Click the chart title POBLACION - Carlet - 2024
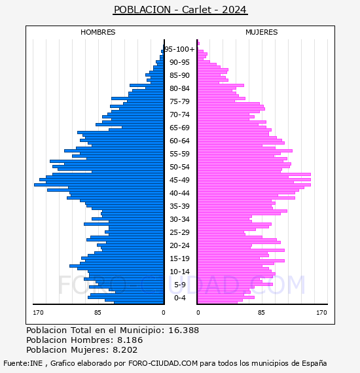[x=180, y=10]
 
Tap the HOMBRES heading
[x=98, y=32]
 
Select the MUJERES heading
[x=262, y=32]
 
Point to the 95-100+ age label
[x=179, y=49]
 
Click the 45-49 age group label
[x=179, y=180]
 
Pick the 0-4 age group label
[x=179, y=298]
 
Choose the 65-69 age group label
[x=179, y=128]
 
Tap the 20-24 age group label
[x=179, y=245]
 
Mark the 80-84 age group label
[x=179, y=88]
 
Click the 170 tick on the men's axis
[x=38, y=313]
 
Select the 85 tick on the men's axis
[x=98, y=313]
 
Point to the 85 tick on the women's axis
[x=261, y=313]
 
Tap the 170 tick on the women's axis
[x=321, y=313]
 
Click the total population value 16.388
[x=183, y=330]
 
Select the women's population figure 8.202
[x=125, y=350]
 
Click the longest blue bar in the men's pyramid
[x=99, y=185]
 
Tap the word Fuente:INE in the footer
[x=23, y=363]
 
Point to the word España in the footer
[x=314, y=363]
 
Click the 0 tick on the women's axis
[x=198, y=313]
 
